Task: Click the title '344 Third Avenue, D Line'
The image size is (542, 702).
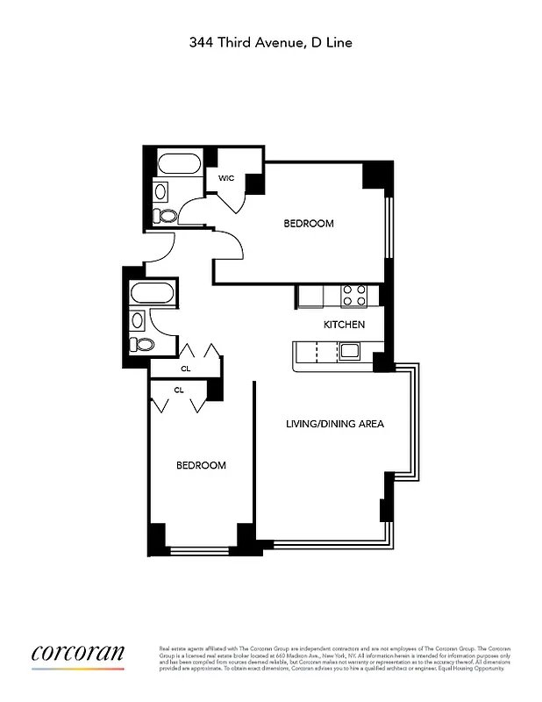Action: (271, 41)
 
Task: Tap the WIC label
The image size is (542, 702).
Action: (226, 178)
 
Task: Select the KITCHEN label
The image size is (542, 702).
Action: (344, 325)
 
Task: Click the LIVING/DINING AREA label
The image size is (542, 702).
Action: (335, 424)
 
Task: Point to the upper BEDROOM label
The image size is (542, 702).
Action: (309, 224)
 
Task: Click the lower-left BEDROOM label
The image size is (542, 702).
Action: (201, 465)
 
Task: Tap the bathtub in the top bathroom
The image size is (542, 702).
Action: (179, 164)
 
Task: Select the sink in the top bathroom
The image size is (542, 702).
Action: (160, 190)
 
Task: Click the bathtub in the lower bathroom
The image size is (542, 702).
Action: (153, 293)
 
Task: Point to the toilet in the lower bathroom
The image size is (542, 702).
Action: (138, 344)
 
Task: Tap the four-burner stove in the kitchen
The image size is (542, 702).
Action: (353, 296)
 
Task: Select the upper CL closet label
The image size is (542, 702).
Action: (185, 369)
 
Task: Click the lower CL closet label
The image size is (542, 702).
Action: (179, 390)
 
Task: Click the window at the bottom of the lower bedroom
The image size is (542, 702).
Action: (203, 551)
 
